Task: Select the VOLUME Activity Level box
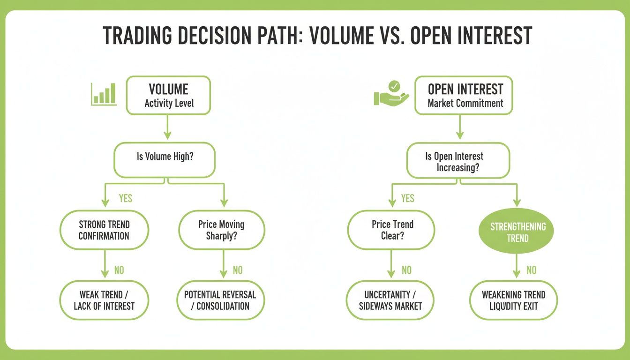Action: (x=168, y=96)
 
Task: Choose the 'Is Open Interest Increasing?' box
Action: (x=458, y=162)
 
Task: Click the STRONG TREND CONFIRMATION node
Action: (x=104, y=230)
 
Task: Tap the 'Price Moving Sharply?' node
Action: (x=221, y=230)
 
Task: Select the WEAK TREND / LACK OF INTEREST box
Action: (x=104, y=300)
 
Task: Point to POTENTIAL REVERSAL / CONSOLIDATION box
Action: (x=220, y=300)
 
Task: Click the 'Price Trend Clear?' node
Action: (x=390, y=230)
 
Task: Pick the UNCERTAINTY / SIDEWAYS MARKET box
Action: (x=390, y=300)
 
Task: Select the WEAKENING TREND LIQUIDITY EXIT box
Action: (x=513, y=300)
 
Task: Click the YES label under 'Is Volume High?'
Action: (x=125, y=198)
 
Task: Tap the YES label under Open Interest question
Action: (x=407, y=198)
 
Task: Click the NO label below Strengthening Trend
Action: (x=531, y=270)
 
